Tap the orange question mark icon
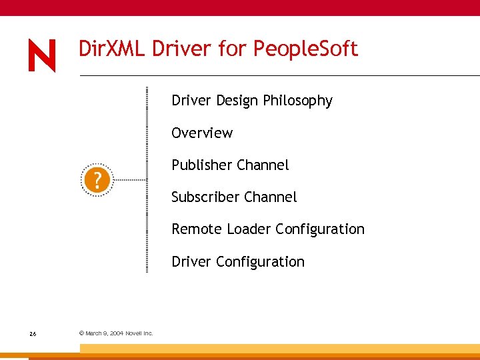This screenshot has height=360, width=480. [97, 180]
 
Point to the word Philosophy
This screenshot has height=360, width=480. [297, 101]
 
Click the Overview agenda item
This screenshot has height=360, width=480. [202, 133]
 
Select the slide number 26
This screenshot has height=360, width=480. [33, 333]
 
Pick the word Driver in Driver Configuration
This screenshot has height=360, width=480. [191, 262]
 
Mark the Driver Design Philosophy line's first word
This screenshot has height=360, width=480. [191, 101]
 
